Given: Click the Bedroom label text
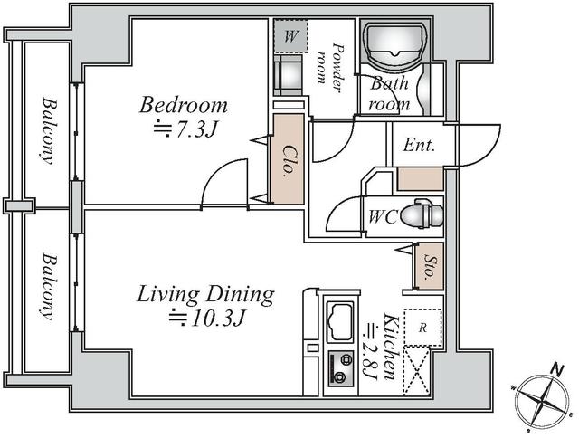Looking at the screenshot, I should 182,105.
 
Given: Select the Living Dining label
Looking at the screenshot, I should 205,294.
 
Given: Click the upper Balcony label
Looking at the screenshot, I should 46,128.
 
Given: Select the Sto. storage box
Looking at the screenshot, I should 430,267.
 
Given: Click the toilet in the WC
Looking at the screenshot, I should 421,217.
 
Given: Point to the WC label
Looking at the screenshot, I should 381,217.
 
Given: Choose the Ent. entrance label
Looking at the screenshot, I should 419,145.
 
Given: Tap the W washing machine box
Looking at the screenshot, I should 290,37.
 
